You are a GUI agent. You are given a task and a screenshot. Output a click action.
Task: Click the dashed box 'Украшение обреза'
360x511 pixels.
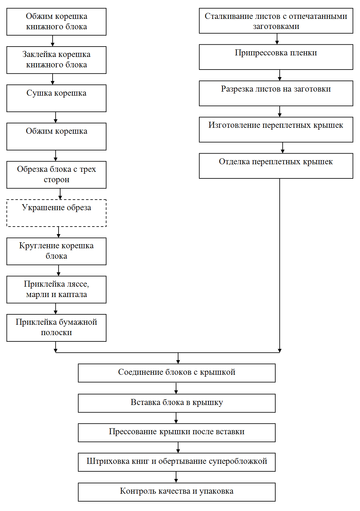coord(56,213)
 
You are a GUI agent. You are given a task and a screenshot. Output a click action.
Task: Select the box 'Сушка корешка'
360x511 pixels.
coord(56,98)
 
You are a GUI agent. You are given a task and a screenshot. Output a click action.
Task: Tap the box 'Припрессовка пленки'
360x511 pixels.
coord(276,57)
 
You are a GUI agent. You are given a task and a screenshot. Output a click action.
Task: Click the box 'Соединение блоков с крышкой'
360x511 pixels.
coord(177,373)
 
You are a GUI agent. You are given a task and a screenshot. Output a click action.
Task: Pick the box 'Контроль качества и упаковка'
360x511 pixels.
coord(177,492)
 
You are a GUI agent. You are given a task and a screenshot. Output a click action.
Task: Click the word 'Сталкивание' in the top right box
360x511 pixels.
coord(226,16)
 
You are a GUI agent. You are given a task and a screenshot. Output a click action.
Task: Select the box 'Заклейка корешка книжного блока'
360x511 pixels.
coord(56,60)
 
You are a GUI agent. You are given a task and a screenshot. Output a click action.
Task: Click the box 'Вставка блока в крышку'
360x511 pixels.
coord(177,403)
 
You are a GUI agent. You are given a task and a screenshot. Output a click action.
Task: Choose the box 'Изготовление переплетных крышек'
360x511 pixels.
coord(276,130)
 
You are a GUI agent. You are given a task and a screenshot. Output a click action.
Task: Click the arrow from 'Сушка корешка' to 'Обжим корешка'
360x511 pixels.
coord(55,117)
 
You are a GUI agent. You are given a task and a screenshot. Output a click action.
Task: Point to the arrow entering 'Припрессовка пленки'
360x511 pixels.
coord(277,39)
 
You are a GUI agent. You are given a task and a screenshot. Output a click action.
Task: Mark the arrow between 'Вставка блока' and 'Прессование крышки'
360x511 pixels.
coord(176,418)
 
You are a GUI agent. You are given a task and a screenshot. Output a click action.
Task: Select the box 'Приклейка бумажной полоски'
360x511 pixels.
coord(56,328)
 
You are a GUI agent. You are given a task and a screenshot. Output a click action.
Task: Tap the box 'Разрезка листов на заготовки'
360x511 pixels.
coord(276,93)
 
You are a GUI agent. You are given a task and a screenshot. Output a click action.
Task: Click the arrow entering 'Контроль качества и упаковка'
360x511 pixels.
coord(176,477)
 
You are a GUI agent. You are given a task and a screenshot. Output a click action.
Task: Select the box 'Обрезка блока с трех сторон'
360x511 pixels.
coord(56,175)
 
